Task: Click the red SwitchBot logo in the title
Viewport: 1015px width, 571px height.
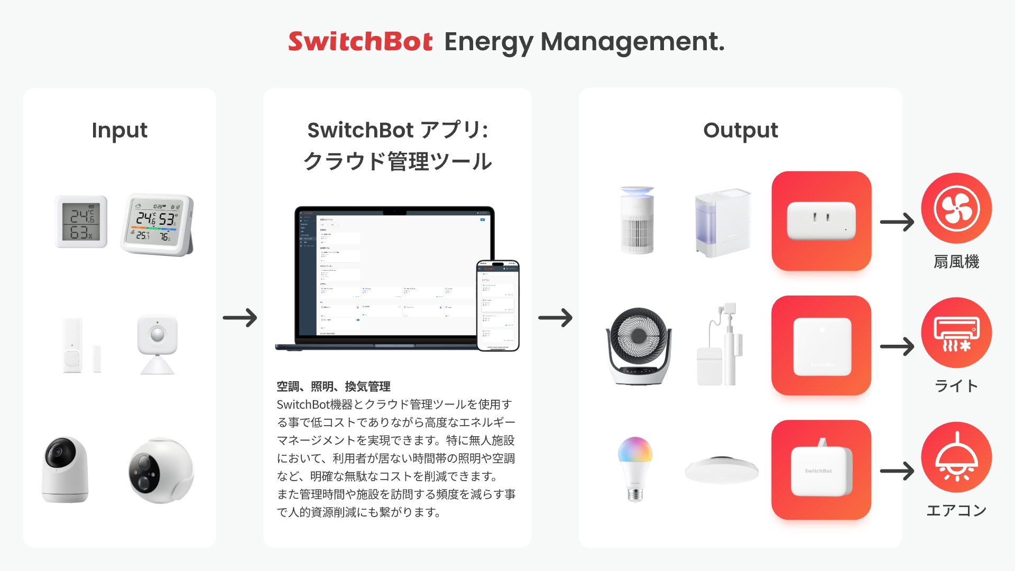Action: tap(360, 41)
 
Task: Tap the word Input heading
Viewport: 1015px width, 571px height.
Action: tap(119, 130)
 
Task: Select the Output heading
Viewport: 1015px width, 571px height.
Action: tap(740, 130)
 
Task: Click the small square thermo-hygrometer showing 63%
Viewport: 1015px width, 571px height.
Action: tap(81, 222)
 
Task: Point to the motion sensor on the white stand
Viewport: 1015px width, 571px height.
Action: tap(158, 344)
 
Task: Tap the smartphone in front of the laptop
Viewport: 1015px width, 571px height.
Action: tap(498, 305)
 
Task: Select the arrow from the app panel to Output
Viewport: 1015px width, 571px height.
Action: tap(555, 318)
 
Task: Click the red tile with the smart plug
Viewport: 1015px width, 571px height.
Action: tap(821, 221)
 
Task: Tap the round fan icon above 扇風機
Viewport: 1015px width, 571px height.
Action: tap(956, 208)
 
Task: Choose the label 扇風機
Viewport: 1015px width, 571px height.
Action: tap(956, 262)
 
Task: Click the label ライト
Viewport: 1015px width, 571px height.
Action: tap(956, 386)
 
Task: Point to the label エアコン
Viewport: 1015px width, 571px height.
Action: tap(956, 510)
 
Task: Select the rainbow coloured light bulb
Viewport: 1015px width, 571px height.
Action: tap(635, 468)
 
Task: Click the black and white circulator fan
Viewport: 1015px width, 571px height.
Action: tap(639, 346)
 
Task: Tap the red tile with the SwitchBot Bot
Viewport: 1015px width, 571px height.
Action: tap(821, 469)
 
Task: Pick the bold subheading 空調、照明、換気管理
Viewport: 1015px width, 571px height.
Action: tap(334, 386)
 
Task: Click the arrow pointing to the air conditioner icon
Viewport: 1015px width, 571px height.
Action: tap(897, 346)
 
